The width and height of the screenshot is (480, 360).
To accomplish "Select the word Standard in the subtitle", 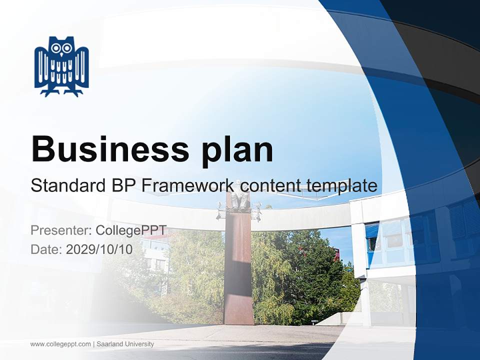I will (x=66, y=186).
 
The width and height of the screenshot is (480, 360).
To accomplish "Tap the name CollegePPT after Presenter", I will (x=131, y=230).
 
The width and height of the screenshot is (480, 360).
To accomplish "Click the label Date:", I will (x=46, y=249).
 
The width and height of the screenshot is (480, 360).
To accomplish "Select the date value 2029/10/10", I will (x=99, y=249).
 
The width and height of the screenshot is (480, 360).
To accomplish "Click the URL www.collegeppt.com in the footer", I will (x=60, y=344).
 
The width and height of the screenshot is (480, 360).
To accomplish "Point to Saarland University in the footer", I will (x=125, y=344).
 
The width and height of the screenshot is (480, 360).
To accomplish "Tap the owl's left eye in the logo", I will (x=56, y=48).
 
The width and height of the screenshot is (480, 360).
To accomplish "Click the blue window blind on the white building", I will (x=372, y=230).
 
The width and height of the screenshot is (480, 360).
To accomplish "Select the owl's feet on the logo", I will (x=61, y=92).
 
